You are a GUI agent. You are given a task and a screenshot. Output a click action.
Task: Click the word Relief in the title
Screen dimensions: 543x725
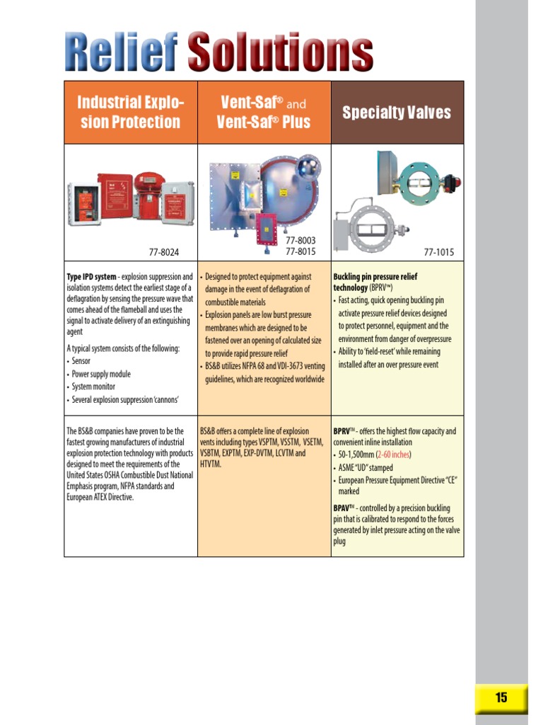click(121, 51)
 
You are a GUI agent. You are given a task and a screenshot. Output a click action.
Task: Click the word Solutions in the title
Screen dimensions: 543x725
click(280, 51)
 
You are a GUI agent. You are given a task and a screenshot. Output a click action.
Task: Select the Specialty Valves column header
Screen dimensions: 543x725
click(397, 113)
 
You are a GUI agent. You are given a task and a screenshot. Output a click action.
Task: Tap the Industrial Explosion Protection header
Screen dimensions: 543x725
click(131, 113)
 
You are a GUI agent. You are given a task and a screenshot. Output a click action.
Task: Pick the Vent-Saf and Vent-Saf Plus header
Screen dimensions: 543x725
click(264, 113)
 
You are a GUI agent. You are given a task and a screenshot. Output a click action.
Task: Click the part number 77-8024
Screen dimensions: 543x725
click(164, 252)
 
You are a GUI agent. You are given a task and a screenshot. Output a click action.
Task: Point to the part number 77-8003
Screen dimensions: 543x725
click(300, 241)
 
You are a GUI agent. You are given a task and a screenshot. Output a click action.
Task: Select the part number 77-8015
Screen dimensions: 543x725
click(300, 251)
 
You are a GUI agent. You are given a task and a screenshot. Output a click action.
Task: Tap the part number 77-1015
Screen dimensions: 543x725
click(438, 252)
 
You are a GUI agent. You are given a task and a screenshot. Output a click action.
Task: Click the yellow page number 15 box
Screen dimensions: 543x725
click(501, 697)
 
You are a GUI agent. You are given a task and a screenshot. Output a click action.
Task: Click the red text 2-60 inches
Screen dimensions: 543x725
click(393, 455)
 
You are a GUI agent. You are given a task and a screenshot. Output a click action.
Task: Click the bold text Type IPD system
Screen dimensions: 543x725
click(91, 277)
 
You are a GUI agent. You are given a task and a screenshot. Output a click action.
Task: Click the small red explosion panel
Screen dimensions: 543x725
click(267, 230)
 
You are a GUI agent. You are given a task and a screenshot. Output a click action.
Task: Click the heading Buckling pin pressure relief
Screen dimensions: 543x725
click(375, 277)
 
